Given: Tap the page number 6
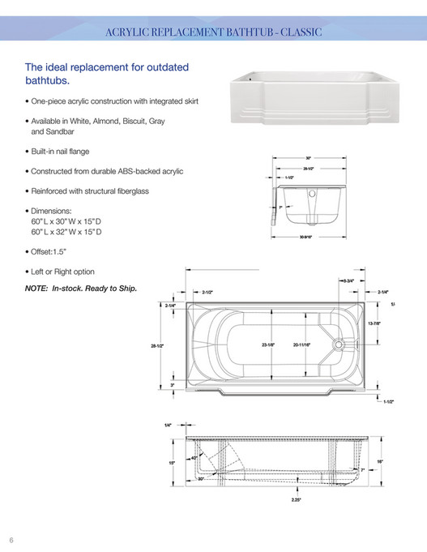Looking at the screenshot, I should click(x=12, y=540).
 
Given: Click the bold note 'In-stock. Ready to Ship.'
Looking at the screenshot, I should click(x=92, y=289).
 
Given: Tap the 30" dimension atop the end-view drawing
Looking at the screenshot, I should click(x=309, y=158).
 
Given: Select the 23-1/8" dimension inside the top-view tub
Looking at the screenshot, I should click(x=268, y=345).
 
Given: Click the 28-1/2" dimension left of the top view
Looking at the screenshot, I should click(x=157, y=346).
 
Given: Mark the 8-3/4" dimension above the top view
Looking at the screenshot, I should click(x=348, y=279).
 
